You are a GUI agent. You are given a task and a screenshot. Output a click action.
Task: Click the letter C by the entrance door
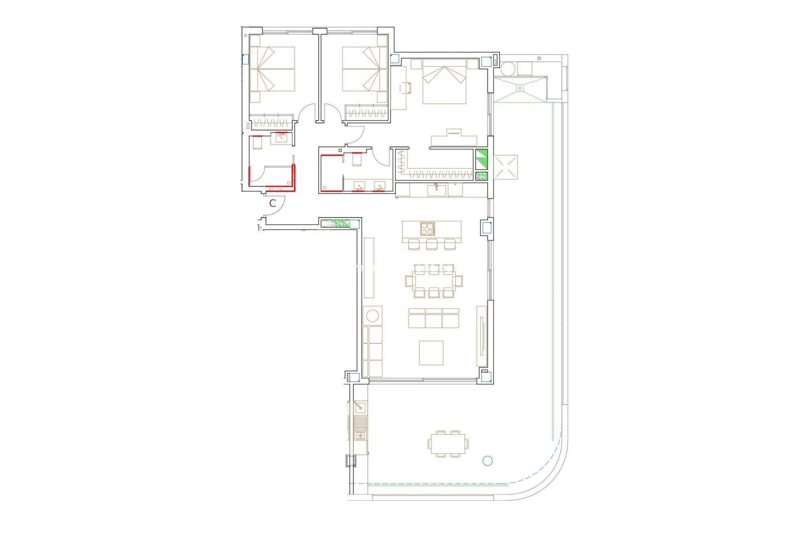272,204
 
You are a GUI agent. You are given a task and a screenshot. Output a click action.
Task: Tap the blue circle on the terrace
487,461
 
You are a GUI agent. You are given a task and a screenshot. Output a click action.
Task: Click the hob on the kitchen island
427,229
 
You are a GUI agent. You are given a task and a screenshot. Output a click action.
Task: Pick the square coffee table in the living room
431,353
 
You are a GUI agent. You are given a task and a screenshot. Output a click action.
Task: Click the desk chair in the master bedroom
406,88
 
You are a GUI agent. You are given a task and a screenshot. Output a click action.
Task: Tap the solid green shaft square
481,159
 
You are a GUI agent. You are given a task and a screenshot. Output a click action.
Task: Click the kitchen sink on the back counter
436,191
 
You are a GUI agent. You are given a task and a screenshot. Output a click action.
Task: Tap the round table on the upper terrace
508,69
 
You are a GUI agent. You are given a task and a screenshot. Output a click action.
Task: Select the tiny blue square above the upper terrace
539,58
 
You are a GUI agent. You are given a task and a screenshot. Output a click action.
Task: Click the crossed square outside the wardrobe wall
505,167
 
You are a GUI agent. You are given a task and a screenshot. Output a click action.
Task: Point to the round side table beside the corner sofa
372,315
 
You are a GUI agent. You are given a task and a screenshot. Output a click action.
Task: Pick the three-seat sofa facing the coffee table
433,318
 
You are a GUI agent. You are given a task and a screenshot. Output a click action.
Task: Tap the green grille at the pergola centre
520,88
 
